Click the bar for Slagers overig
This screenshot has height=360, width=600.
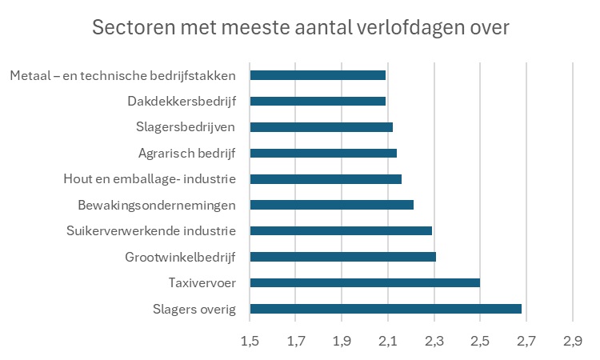tap(386, 309)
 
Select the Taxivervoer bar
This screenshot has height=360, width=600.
tap(365, 282)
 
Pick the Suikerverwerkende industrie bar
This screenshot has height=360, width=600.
tap(341, 231)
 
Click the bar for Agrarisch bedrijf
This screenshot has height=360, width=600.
tap(323, 153)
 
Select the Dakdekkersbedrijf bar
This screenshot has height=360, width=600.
tap(318, 101)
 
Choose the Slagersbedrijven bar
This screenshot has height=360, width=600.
tap(321, 127)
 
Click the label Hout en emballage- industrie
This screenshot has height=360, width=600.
tap(150, 179)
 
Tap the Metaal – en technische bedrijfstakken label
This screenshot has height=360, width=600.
tap(123, 75)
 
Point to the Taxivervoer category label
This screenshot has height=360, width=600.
tap(202, 282)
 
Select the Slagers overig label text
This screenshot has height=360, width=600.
tap(194, 309)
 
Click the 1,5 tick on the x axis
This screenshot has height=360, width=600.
tap(250, 342)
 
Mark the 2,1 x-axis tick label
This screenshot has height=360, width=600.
tap(388, 342)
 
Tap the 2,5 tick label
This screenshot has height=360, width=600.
tap(480, 342)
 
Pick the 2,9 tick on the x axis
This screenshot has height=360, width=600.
tap(572, 342)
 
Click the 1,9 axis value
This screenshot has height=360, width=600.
tap(342, 342)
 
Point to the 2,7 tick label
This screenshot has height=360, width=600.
tap(526, 342)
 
